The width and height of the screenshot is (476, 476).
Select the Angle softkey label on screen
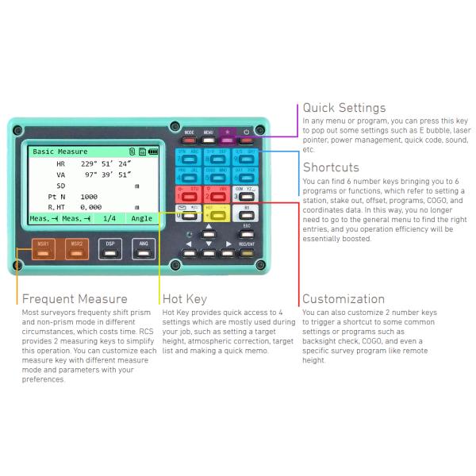click(142, 218)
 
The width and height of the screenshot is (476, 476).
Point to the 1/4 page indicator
click(109, 218)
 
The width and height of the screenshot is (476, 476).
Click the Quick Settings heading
click(344, 108)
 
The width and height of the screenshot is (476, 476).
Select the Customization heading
click(344, 299)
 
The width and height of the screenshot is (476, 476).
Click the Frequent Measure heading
click(75, 299)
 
